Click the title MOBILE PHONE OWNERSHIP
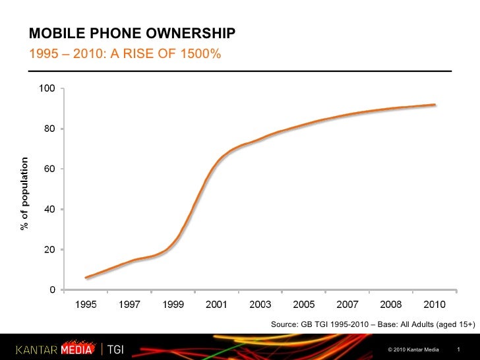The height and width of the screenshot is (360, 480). (132, 34)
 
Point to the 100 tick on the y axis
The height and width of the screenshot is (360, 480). (47, 88)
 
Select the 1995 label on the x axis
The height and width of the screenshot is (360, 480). (86, 305)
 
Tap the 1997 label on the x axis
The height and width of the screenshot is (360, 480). (130, 305)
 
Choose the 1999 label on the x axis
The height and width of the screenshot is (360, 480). (173, 305)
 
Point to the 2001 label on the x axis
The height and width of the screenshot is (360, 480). (217, 305)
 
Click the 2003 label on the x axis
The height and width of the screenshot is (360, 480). (260, 305)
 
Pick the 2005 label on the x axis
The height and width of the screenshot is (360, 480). (304, 305)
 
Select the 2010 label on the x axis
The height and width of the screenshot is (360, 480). (435, 305)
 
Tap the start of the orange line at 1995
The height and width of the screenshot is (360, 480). (86, 278)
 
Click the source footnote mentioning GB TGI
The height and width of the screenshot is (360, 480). (373, 324)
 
